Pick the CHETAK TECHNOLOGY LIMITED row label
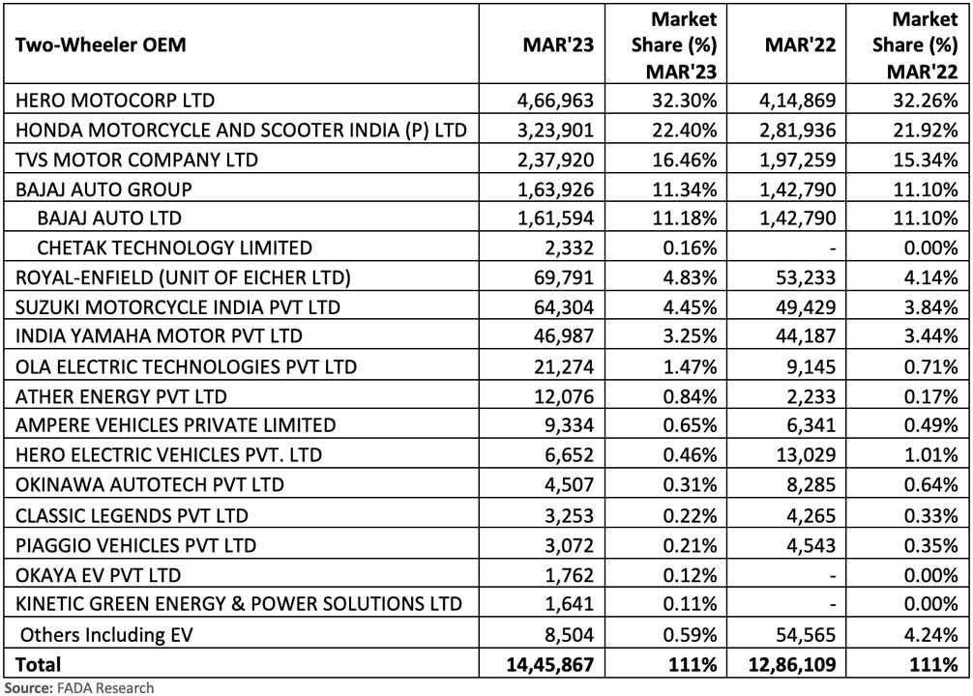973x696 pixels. point(175,247)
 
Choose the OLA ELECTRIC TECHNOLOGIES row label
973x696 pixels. point(185,366)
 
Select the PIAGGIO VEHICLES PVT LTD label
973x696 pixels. point(134,545)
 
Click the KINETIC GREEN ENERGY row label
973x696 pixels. point(238,604)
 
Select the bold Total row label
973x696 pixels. point(38,664)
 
